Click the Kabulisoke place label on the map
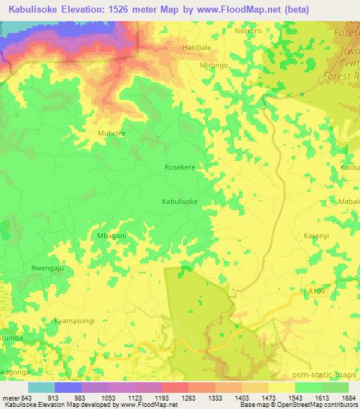(180, 201)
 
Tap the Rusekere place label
(179, 168)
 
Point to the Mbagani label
(110, 235)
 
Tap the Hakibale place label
(198, 48)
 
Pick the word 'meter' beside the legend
(9, 397)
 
